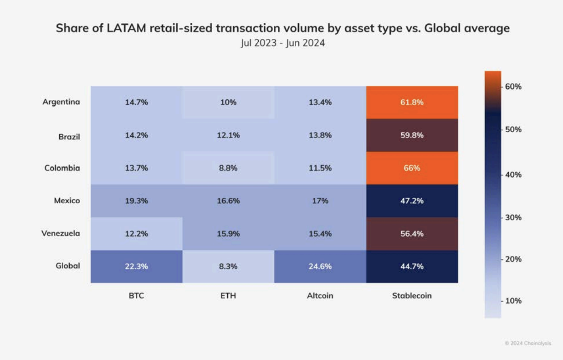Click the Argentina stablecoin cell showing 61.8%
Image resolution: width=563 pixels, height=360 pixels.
coord(412,102)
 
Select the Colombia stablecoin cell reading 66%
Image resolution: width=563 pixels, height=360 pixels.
coord(412,168)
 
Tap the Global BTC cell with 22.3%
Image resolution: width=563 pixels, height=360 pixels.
coord(136,267)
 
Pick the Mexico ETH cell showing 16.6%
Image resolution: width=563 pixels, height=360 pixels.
coord(228,201)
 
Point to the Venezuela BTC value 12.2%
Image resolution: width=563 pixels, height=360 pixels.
coord(136,234)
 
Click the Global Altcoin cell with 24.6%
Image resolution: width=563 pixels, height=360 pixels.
coord(320,267)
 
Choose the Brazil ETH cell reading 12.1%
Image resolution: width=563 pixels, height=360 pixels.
coord(228,135)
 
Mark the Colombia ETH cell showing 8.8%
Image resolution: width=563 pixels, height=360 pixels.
coord(228,168)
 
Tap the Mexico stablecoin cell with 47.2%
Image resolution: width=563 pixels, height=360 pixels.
coord(412,201)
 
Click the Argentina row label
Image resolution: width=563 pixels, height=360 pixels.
coord(61,102)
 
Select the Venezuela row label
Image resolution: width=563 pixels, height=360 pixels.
coord(61,233)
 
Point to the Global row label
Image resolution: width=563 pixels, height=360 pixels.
coord(67,266)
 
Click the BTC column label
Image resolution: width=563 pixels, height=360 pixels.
coord(136,296)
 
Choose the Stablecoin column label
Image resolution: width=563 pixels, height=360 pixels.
coord(412,296)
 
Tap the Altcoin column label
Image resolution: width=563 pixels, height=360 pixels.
coord(320,296)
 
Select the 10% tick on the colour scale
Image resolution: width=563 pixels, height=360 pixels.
coord(513,301)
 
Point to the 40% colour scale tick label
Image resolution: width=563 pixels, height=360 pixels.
coord(513,175)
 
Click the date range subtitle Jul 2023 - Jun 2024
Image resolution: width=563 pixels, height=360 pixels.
coord(282,44)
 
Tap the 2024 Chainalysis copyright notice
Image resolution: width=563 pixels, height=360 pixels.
coord(527,343)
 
